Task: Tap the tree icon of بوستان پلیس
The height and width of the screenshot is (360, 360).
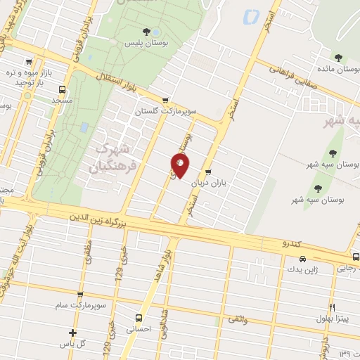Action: tap(146, 31)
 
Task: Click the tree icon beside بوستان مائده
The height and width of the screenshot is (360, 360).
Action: tap(339, 58)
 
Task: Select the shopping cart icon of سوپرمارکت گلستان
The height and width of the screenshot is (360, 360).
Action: tap(165, 101)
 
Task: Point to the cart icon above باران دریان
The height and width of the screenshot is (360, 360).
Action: tap(208, 172)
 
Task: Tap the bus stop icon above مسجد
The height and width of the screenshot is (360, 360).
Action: tap(63, 89)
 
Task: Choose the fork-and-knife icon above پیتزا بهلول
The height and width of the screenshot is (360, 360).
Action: tap(333, 307)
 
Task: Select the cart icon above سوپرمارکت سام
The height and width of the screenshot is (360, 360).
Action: tap(79, 295)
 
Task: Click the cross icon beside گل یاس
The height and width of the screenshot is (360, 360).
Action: tap(72, 333)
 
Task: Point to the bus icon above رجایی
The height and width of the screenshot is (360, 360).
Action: tap(356, 257)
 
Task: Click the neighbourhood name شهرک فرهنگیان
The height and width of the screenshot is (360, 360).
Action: tap(114, 159)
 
